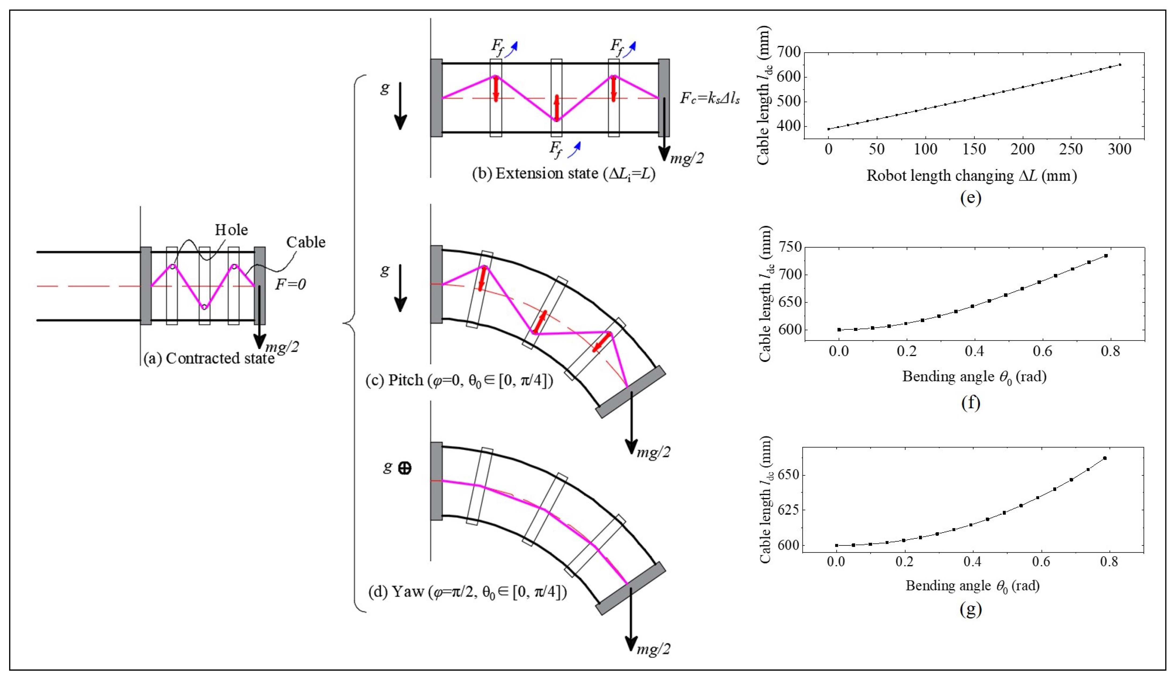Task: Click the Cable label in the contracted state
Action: click(x=306, y=242)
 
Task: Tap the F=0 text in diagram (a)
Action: click(x=290, y=284)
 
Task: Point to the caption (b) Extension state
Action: click(x=564, y=174)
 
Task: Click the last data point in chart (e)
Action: click(x=1120, y=65)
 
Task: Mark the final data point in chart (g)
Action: click(x=1105, y=458)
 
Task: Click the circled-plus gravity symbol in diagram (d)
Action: click(x=404, y=468)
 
